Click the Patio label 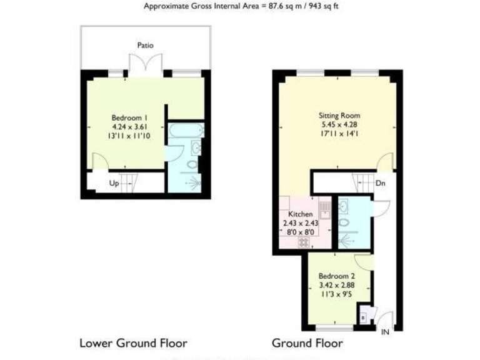(x=145, y=45)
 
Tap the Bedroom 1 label (x=129, y=117)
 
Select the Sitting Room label (x=339, y=116)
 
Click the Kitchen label (x=300, y=214)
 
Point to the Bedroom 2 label (x=337, y=276)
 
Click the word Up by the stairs (x=114, y=184)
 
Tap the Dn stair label (x=381, y=184)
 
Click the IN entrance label (x=385, y=332)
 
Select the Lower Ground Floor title (x=133, y=343)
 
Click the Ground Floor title (x=307, y=343)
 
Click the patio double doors (x=145, y=66)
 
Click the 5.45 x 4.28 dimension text (x=339, y=124)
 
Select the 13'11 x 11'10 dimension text (x=129, y=135)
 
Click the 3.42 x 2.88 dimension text (x=337, y=285)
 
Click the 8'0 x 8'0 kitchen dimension (x=300, y=231)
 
